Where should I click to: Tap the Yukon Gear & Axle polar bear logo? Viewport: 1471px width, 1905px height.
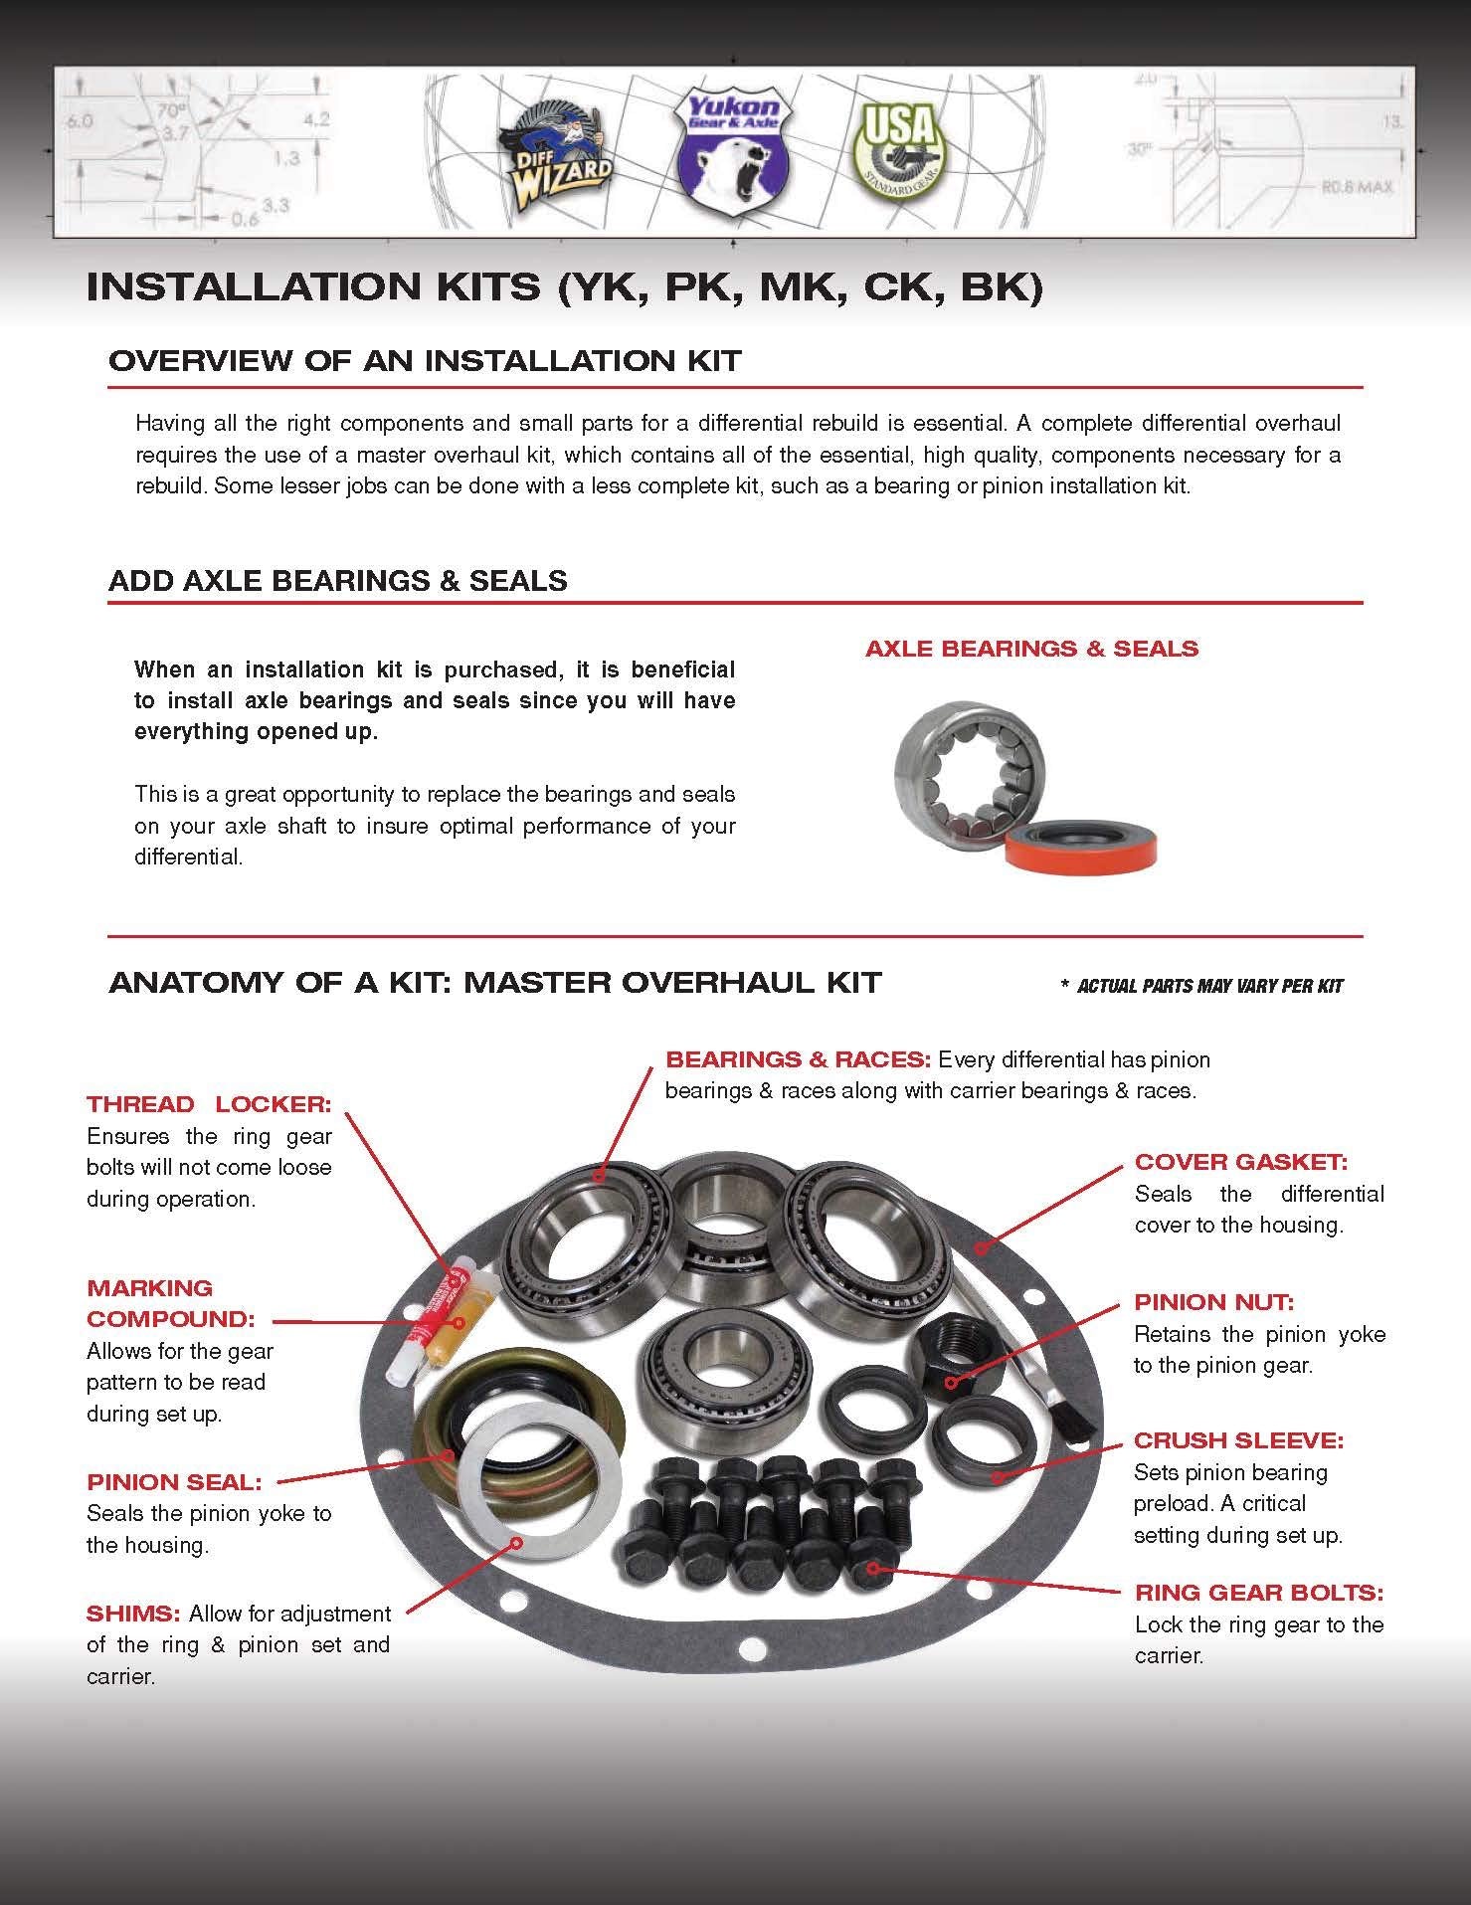pos(733,149)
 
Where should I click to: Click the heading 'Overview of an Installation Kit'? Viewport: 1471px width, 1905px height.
pos(425,360)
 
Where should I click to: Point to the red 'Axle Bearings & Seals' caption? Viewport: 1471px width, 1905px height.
pos(1031,649)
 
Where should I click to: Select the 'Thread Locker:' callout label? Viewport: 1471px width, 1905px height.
pos(209,1104)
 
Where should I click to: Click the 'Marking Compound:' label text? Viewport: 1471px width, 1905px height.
pos(171,1303)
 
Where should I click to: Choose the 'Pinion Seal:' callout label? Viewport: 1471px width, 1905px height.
pos(174,1482)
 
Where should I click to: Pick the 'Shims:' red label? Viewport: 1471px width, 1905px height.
pos(133,1612)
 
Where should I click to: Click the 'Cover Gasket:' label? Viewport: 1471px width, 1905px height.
pos(1240,1162)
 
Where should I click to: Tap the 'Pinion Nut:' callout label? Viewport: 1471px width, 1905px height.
pos(1213,1302)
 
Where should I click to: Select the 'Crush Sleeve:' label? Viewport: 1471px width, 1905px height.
pos(1238,1440)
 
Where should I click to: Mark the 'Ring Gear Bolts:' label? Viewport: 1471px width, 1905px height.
pos(1258,1593)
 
